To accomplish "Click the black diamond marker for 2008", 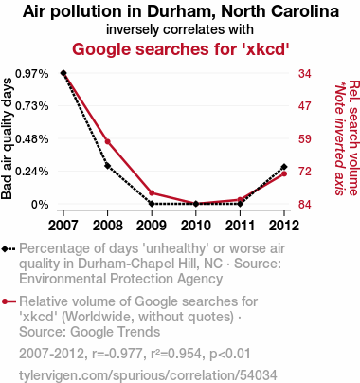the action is click(108, 166).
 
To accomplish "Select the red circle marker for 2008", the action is click(108, 141).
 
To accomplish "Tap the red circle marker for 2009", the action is click(152, 193).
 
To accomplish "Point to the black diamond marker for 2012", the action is click(284, 167).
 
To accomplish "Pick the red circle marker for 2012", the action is click(284, 173).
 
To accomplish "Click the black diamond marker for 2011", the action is click(241, 204).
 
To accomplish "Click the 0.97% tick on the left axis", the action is click(32, 74).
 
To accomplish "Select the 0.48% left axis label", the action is click(32, 139).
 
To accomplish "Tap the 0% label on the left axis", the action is click(40, 205).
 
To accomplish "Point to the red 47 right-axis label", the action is click(305, 106).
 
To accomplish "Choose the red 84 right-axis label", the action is click(305, 205).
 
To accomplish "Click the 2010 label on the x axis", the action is click(196, 226).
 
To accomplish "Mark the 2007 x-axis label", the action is click(63, 226).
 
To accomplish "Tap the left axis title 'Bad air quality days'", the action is click(7, 138).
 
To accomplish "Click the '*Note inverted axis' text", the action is click(339, 138).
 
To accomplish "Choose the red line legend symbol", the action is click(9, 301).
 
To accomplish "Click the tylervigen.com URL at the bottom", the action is click(148, 375).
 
